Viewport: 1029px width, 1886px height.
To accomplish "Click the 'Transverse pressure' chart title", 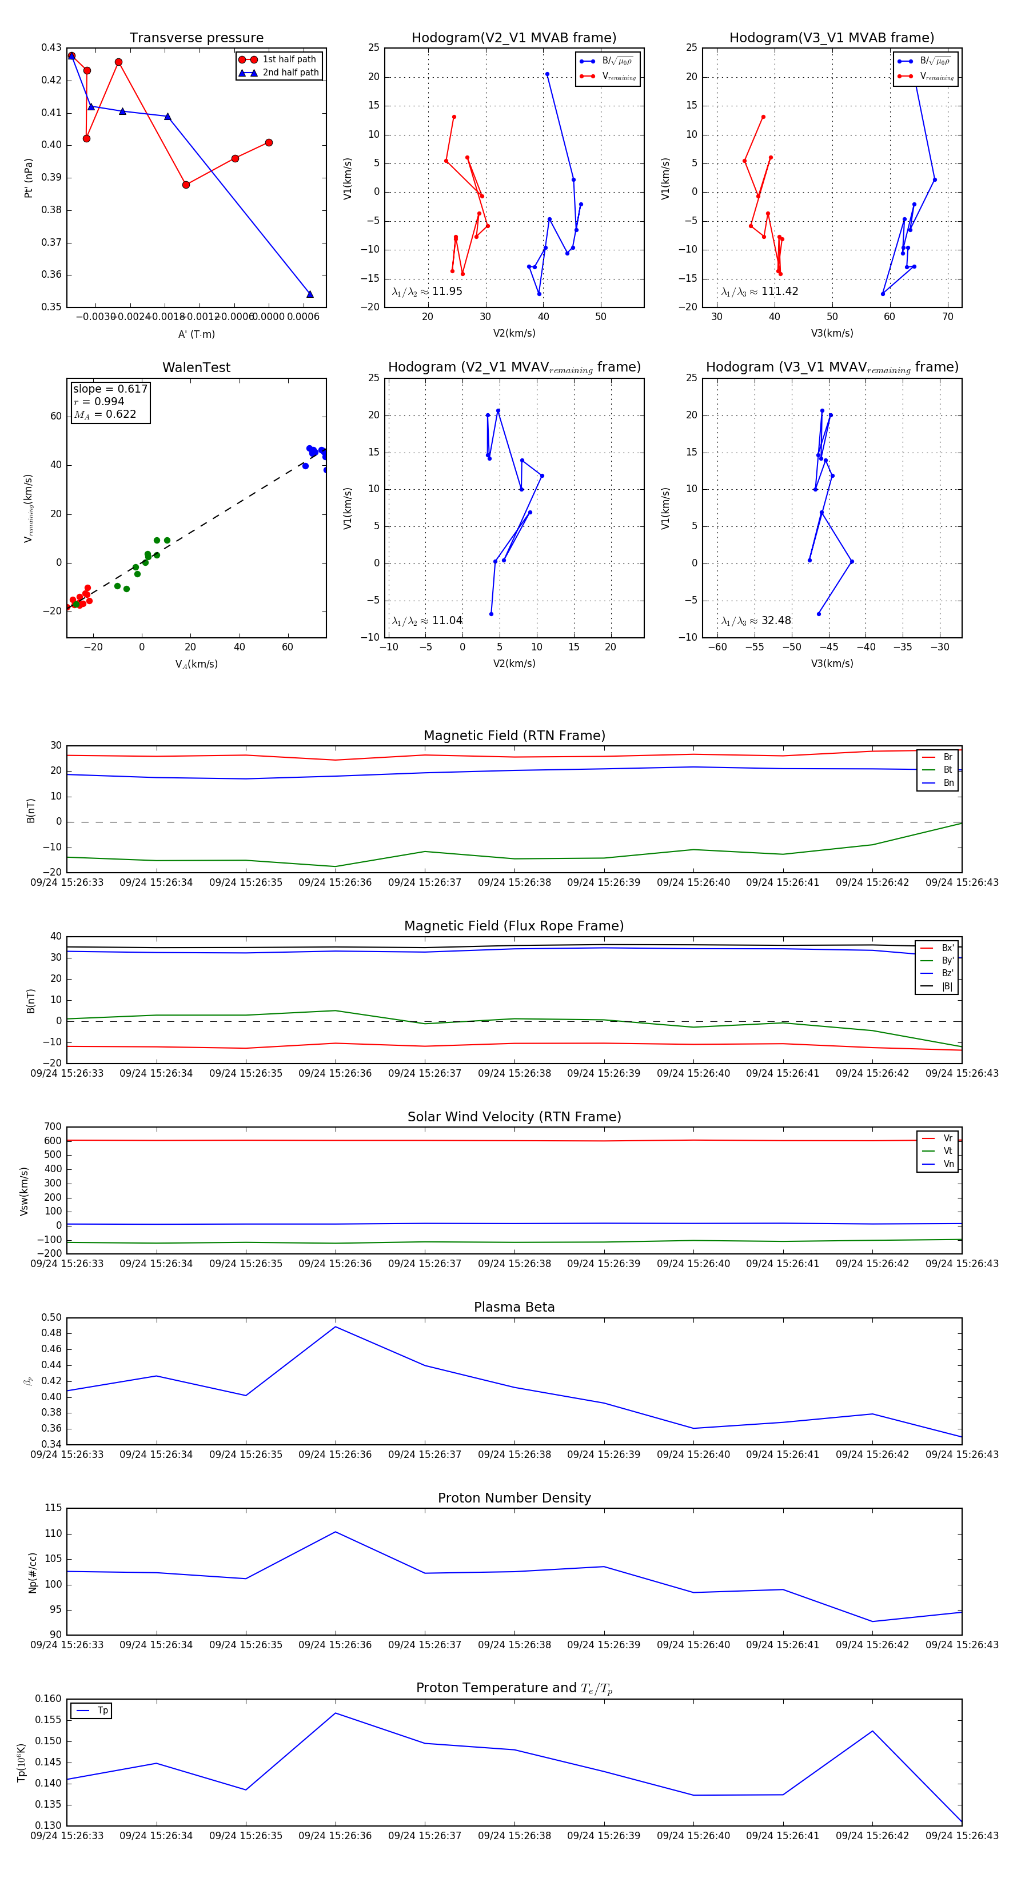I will (x=196, y=38).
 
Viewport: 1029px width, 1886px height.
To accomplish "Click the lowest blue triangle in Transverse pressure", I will (x=310, y=294).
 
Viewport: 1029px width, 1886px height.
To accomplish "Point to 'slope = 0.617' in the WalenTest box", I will (x=110, y=389).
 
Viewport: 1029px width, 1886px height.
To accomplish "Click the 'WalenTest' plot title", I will (x=196, y=367).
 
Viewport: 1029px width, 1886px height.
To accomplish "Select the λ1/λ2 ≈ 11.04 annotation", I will (x=427, y=621).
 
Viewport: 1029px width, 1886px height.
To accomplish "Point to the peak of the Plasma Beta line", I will (x=336, y=1326).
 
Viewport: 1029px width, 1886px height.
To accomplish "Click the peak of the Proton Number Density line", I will (x=336, y=1532).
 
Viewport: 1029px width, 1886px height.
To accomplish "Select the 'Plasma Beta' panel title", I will (x=514, y=1308).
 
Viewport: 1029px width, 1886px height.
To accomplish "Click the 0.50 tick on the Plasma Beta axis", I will (x=52, y=1318).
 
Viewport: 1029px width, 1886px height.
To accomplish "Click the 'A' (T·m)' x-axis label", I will (x=196, y=334).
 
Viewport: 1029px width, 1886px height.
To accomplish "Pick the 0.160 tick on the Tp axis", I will (x=49, y=1699).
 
